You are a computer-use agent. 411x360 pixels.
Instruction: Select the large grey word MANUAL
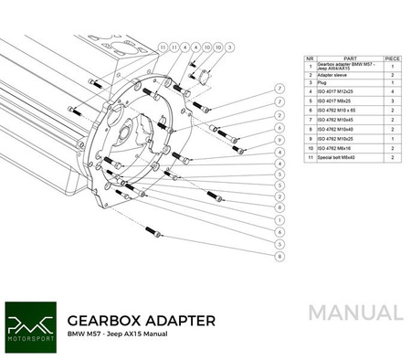coord(354,313)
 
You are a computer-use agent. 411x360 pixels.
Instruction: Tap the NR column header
coord(310,57)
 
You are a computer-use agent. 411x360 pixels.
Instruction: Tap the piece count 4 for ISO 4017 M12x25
coord(393,92)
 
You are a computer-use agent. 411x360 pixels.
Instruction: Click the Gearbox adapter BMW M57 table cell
coord(347,66)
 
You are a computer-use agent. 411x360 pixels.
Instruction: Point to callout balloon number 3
coord(229,46)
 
